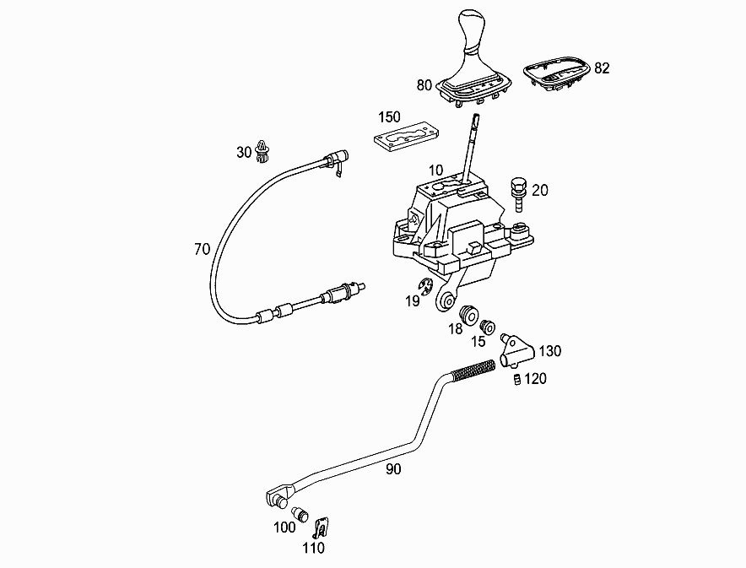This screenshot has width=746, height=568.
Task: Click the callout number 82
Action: click(x=602, y=68)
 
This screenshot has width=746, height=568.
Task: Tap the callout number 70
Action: click(x=202, y=250)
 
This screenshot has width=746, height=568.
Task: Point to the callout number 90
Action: click(x=393, y=470)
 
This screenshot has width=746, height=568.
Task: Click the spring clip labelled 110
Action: click(x=321, y=529)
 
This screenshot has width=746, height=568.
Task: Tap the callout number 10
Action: click(x=435, y=170)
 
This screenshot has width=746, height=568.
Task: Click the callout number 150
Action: click(x=389, y=116)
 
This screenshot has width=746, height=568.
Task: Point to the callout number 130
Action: click(x=549, y=350)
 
